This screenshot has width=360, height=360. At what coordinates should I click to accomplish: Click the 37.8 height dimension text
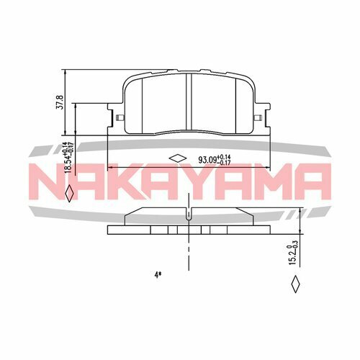coord(60,102)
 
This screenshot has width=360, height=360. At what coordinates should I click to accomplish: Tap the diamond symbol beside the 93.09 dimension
coord(176,159)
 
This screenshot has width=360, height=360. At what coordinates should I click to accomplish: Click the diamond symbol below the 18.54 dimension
coord(68,194)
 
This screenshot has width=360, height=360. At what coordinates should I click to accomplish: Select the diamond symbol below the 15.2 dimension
coord(294,286)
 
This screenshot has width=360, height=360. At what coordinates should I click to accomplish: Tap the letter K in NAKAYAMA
coord(128,184)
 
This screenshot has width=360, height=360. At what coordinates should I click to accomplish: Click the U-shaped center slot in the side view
coord(188,215)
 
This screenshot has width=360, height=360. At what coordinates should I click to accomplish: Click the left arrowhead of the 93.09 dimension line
coord(109,168)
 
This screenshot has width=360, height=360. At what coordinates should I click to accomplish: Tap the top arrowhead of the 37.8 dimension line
coord(66,73)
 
